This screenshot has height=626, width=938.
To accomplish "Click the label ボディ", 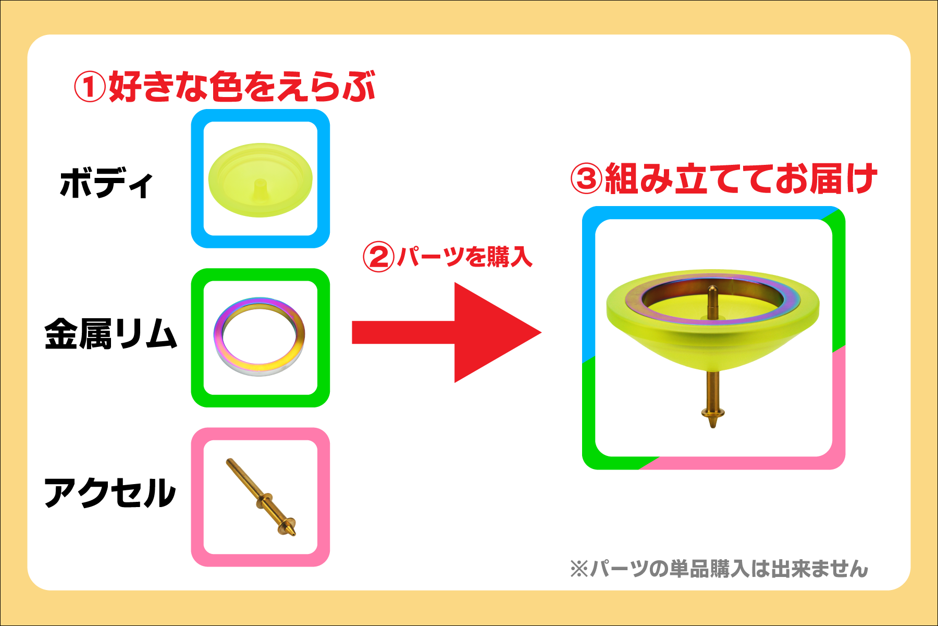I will click(106, 184).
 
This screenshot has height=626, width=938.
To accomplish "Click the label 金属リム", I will click(110, 334).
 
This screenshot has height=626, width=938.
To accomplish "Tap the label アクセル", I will click(110, 493).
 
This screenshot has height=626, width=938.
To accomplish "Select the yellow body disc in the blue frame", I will click(260, 180).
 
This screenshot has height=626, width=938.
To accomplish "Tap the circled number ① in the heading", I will click(90, 87).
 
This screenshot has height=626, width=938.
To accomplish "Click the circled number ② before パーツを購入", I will click(378, 257).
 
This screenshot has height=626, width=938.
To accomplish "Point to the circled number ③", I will click(586, 179).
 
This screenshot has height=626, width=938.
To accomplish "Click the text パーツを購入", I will click(464, 257).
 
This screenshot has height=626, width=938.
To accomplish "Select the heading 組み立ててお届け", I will click(740, 179).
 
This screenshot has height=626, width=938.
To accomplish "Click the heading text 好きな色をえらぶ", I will click(242, 87).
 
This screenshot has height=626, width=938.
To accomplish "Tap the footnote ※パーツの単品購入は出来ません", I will click(719, 569).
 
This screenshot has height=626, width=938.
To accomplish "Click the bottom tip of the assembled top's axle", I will click(712, 426).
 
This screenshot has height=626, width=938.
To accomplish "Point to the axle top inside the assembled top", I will click(712, 288).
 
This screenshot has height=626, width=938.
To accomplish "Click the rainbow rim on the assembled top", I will click(636, 300).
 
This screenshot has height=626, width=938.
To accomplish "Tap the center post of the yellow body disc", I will click(260, 186).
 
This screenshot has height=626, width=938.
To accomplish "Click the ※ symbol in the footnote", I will click(578, 569).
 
